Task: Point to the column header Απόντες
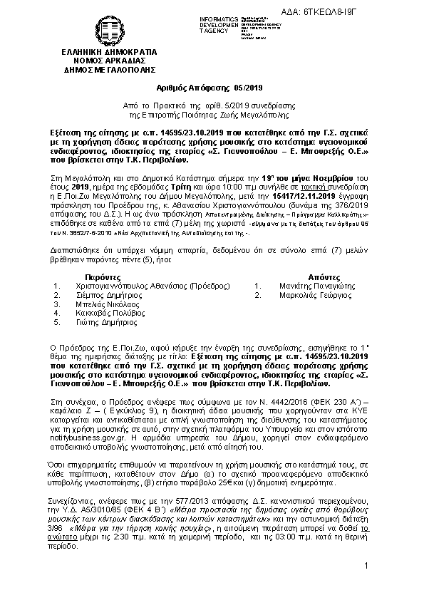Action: point(304,275)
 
